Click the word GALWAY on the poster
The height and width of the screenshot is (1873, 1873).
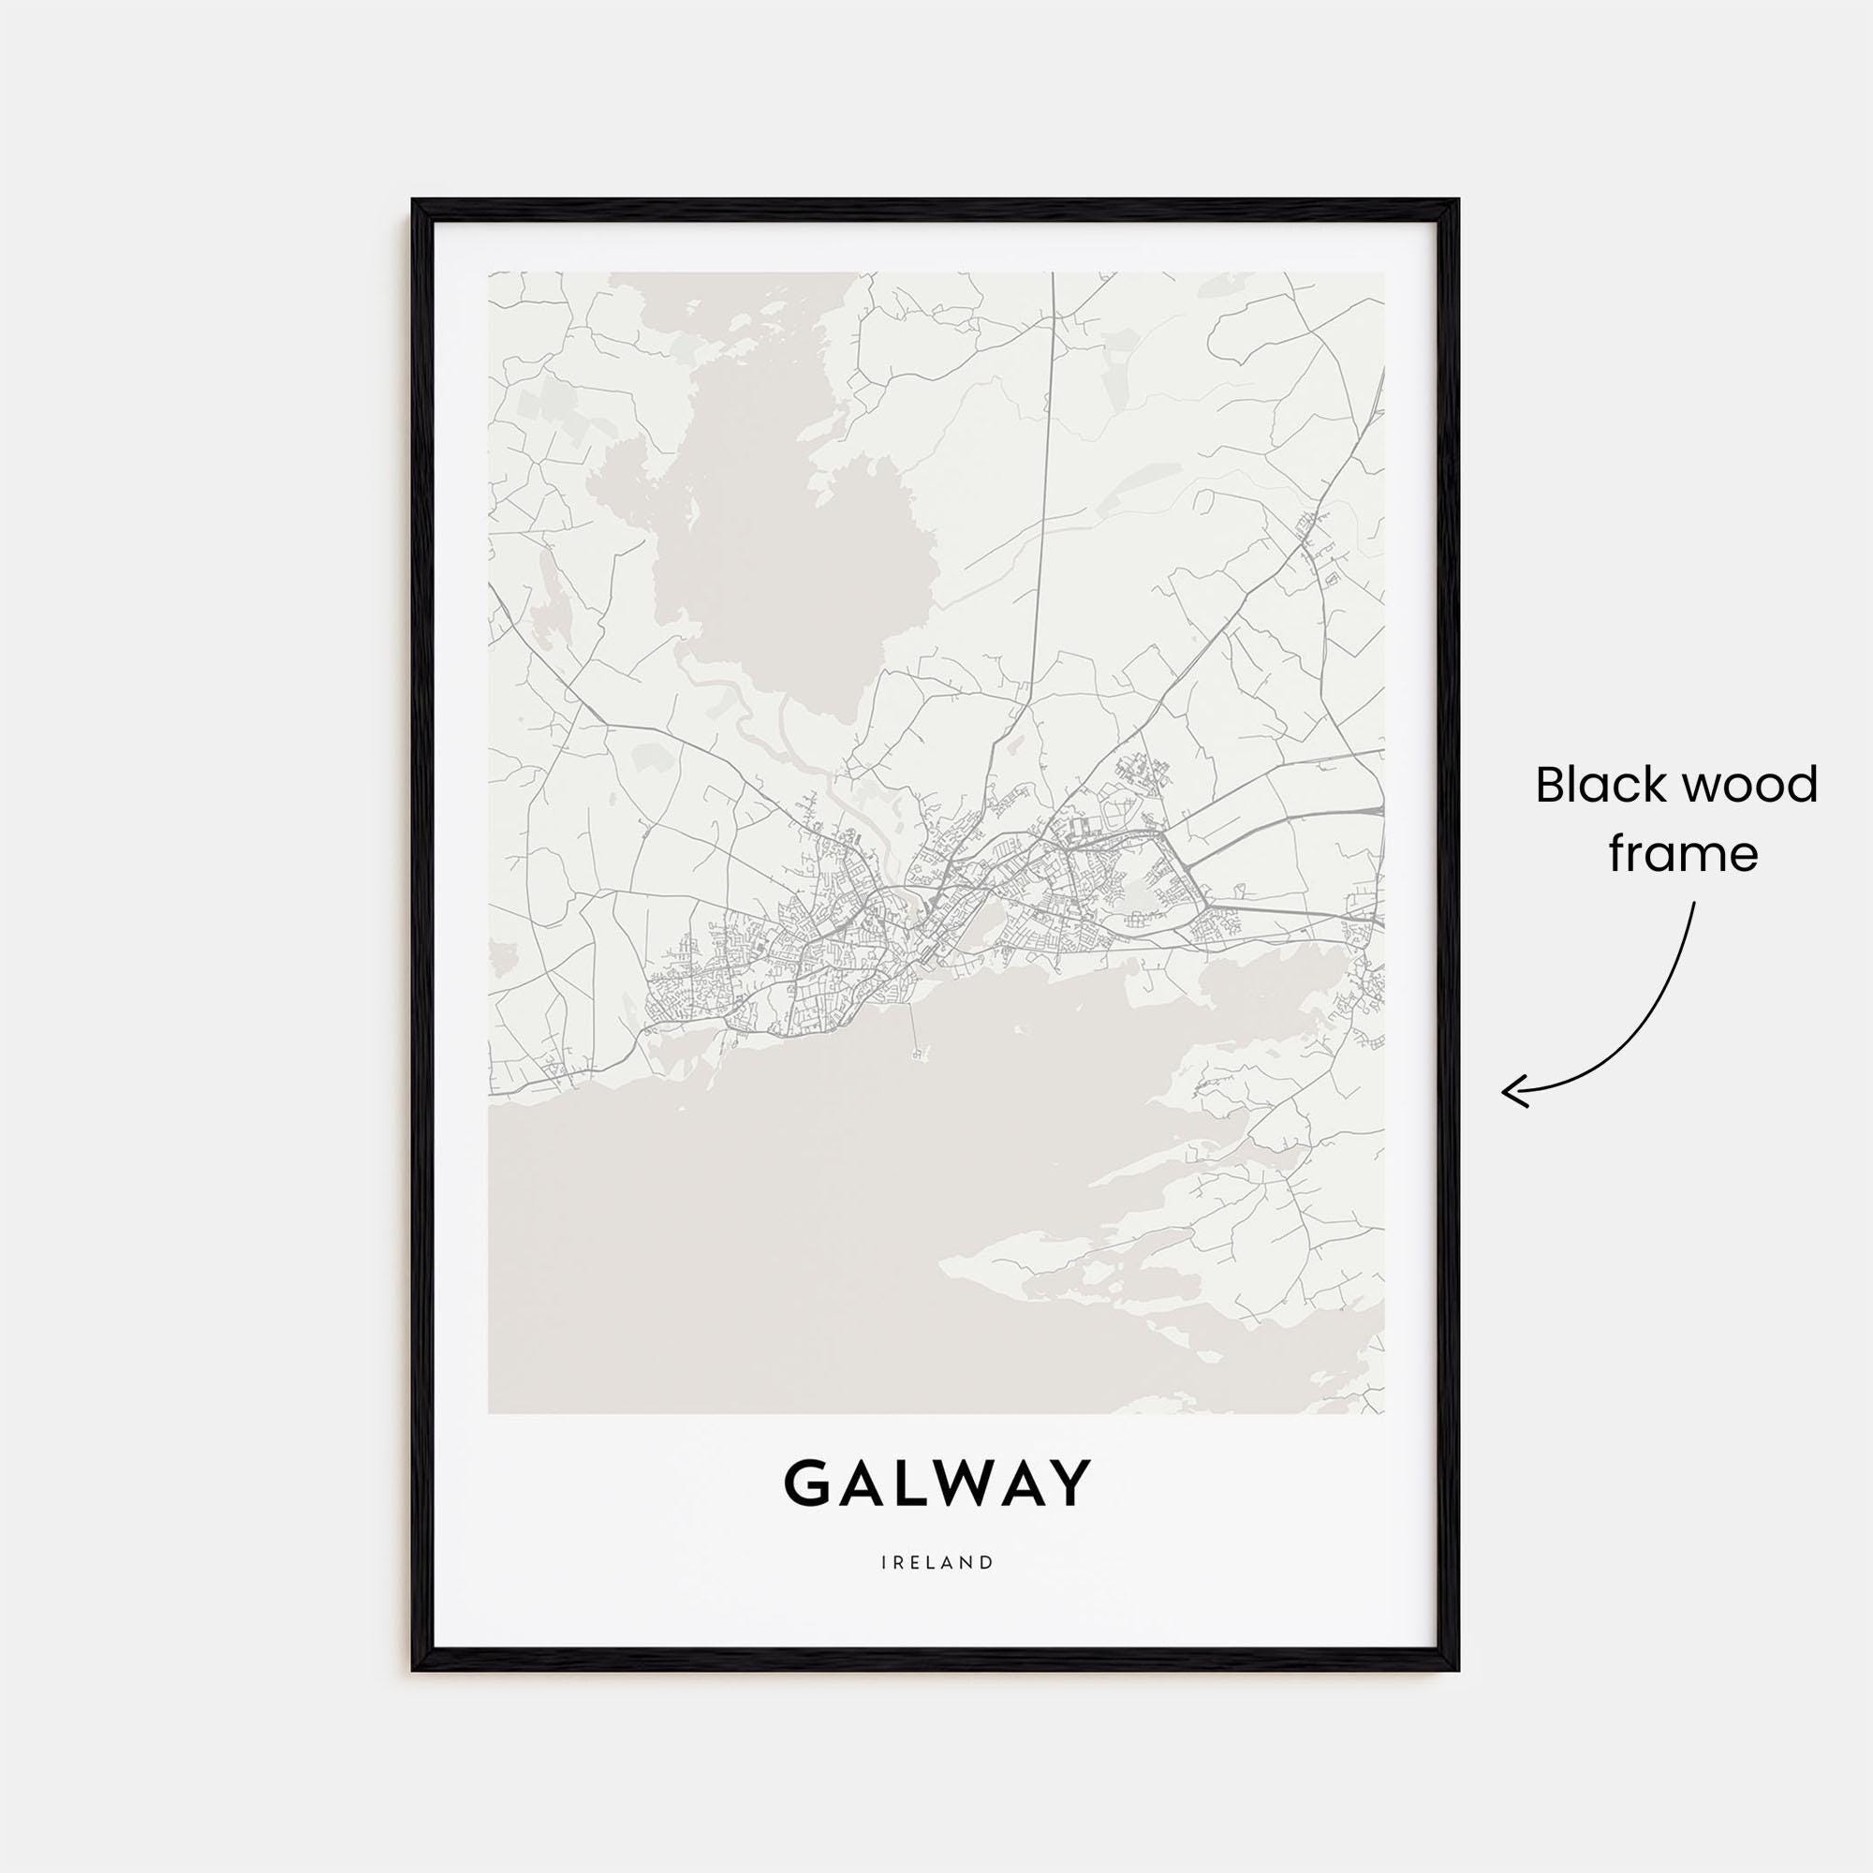[x=936, y=1511]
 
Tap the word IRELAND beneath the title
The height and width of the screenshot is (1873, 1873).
[x=936, y=1590]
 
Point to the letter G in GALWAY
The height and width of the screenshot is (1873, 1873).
[x=806, y=1511]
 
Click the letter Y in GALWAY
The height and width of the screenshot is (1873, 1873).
[x=1068, y=1511]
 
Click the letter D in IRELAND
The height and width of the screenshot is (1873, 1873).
[x=986, y=1590]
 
